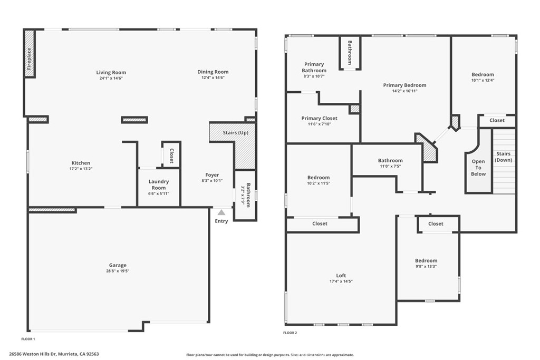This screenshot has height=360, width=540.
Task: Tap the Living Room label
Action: click(x=111, y=72)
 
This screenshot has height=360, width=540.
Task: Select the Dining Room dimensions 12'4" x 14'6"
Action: click(x=213, y=78)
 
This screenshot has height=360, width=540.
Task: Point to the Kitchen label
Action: click(x=81, y=163)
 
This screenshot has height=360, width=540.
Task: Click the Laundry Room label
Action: click(x=159, y=184)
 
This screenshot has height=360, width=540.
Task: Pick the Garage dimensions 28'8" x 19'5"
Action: click(x=118, y=271)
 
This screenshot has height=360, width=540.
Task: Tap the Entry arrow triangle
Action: click(x=221, y=212)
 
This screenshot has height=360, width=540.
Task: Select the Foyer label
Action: click(x=212, y=175)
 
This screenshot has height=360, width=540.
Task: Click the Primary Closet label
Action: click(x=319, y=118)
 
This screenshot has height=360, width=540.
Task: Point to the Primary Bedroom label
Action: click(x=404, y=85)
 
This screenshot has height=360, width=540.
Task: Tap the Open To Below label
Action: click(x=478, y=168)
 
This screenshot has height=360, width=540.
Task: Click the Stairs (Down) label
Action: click(x=504, y=157)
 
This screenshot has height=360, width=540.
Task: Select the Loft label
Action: click(x=341, y=275)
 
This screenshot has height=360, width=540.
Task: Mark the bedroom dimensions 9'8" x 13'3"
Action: click(x=426, y=266)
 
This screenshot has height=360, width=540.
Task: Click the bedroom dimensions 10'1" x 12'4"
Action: click(x=483, y=80)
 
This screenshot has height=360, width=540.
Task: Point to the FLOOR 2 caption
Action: click(x=290, y=333)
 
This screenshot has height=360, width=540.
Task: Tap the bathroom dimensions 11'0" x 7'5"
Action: click(x=390, y=166)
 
